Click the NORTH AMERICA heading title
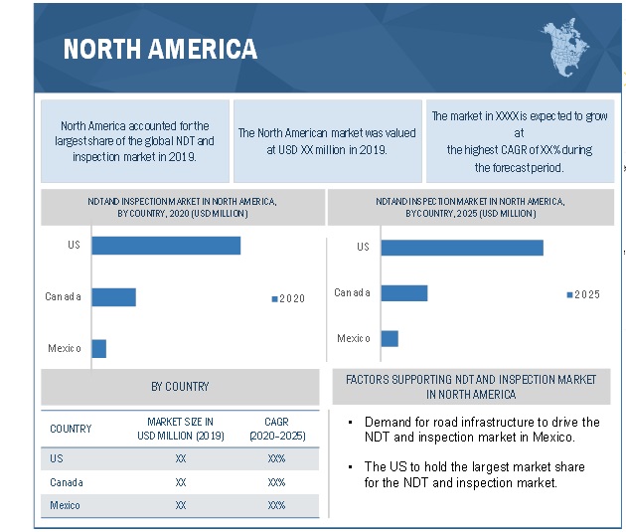pos(159,49)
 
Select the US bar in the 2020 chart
pos(166,245)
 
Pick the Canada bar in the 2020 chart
pos(113,296)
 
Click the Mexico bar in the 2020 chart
pos(98,348)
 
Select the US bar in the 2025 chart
pos(461,247)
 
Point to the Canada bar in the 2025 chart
pos(403,292)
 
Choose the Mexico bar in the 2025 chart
pos(390,338)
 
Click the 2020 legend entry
pos(288,298)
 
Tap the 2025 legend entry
pos(583,294)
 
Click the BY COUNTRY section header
pos(180,387)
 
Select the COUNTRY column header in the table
pos(71,429)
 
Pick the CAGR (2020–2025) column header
pos(276,429)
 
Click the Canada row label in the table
pos(67,482)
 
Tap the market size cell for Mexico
pos(181,505)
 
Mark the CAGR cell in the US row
pos(276,458)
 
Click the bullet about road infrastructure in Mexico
pos(481,430)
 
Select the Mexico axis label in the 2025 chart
pos(353,338)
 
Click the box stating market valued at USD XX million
pos(327,140)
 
